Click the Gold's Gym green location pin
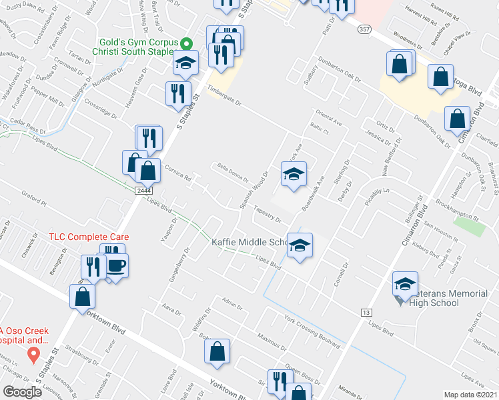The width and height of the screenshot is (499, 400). pyautogui.click(x=187, y=43)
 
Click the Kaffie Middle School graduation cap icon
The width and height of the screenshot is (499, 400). pyautogui.click(x=300, y=246)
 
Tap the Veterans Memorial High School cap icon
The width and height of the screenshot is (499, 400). pyautogui.click(x=404, y=284)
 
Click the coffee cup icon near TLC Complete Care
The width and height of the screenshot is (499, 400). pyautogui.click(x=116, y=265)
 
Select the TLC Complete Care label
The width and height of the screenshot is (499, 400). pyautogui.click(x=88, y=237)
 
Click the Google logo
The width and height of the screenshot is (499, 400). pyautogui.click(x=22, y=392)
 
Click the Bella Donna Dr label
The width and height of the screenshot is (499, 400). pyautogui.click(x=231, y=173)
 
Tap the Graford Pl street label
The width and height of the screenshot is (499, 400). pyautogui.click(x=34, y=198)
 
